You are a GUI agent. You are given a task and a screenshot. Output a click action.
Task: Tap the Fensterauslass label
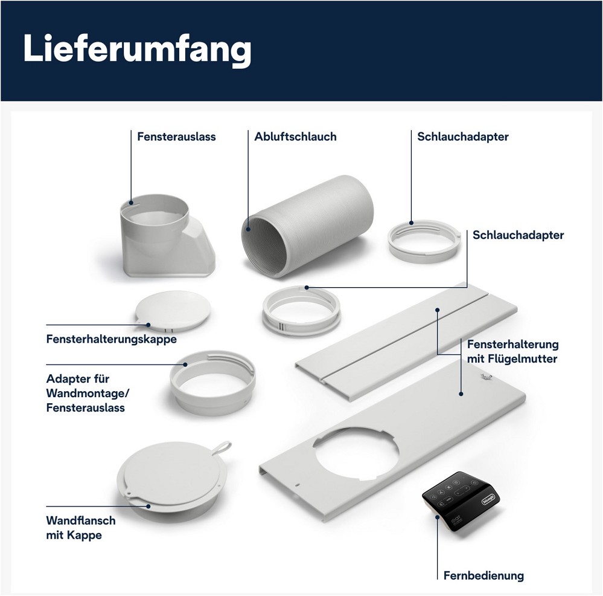pos(176,137)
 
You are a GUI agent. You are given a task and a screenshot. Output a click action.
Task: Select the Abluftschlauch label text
pos(295,137)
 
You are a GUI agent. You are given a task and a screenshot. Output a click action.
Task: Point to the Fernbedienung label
pos(483,575)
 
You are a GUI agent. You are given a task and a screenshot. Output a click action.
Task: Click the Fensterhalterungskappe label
pos(112,339)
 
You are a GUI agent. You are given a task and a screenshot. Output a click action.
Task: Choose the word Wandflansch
pos(81,520)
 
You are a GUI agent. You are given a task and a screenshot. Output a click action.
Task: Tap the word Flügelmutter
pos(523,359)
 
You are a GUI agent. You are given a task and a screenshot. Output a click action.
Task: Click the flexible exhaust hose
pos(308,226)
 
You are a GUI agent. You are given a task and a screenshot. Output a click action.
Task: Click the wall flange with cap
pos(171,478)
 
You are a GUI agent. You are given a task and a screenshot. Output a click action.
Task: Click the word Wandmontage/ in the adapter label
pos(88,394)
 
